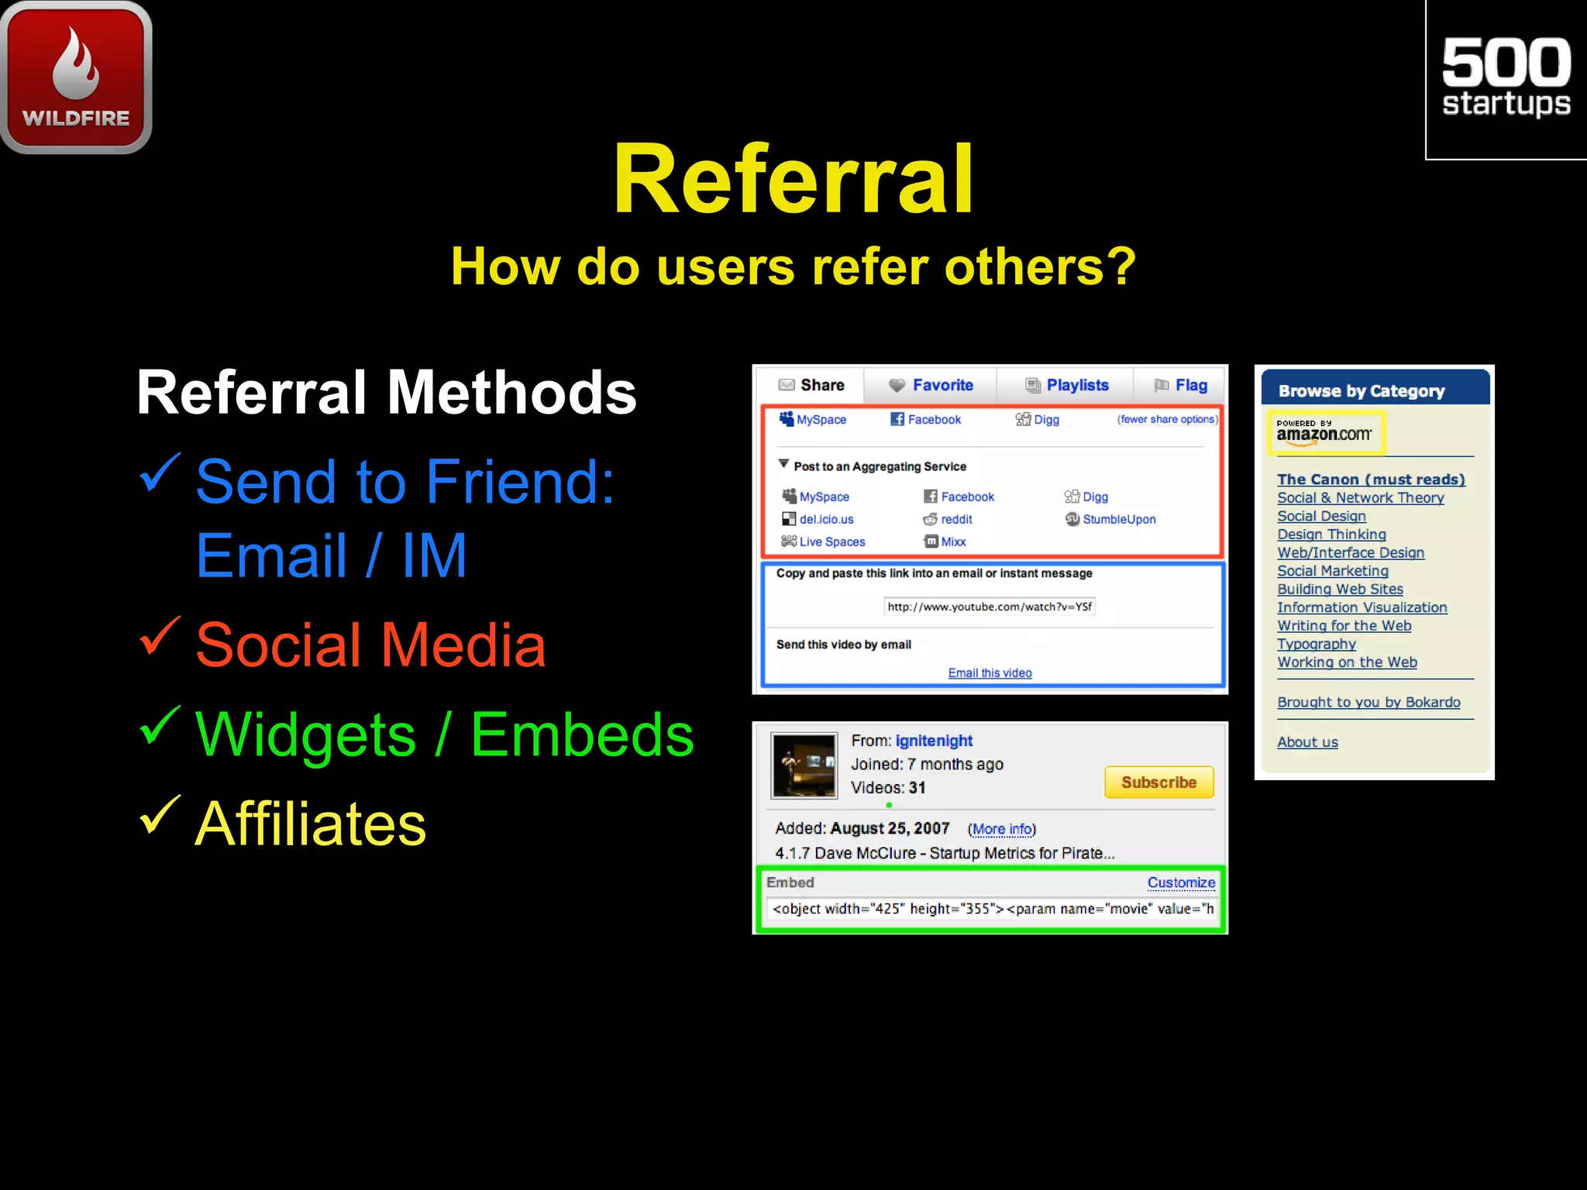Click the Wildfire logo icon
coord(76,76)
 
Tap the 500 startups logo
coord(1506,77)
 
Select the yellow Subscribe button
coord(1158,782)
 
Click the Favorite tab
coord(931,385)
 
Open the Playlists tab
coord(1067,385)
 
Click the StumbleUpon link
coord(1118,519)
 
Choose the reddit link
coord(955,519)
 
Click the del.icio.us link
coord(825,519)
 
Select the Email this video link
coord(990,672)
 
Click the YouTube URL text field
coord(990,607)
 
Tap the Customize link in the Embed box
coord(1180,882)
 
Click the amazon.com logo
coord(1324,432)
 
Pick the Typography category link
coord(1316,644)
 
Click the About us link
coord(1307,742)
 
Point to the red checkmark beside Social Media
coord(160,636)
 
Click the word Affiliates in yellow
coord(310,824)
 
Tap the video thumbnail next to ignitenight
coord(804,765)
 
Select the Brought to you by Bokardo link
coord(1368,702)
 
